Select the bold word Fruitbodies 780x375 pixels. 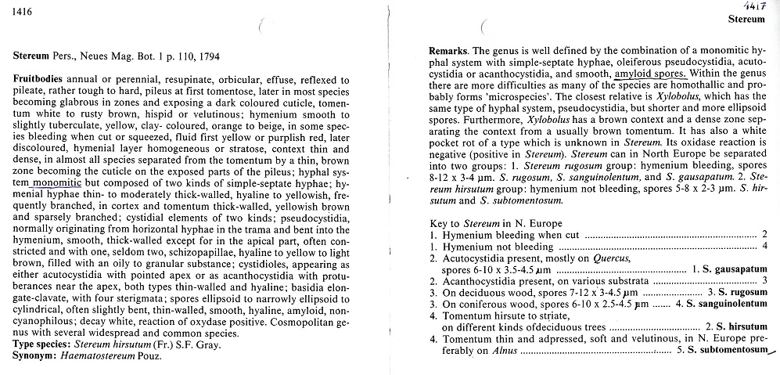(x=39, y=80)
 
